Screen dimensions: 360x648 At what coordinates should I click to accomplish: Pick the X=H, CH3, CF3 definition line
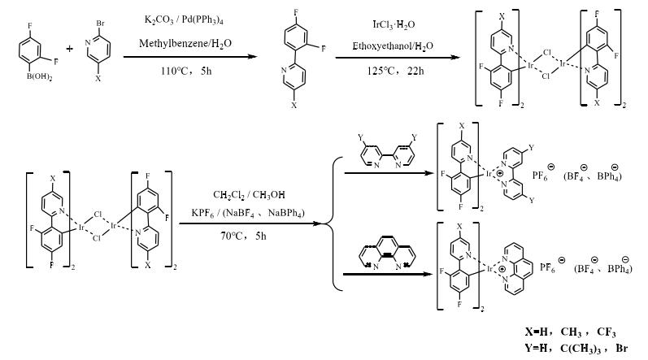(x=570, y=333)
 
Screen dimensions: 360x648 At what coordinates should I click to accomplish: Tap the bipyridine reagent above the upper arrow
(x=386, y=149)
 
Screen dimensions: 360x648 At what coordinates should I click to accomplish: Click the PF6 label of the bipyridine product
(x=551, y=174)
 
